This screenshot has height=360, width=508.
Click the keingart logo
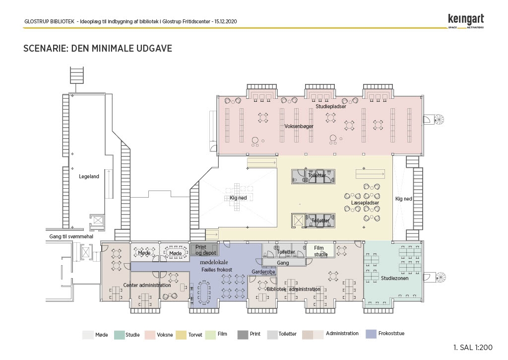tap(466, 21)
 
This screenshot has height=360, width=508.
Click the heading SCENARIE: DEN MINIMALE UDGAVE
tap(98, 48)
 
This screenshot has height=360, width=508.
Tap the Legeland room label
tap(89, 176)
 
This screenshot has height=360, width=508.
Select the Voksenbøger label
tap(299, 126)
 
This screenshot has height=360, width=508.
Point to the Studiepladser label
tap(331, 106)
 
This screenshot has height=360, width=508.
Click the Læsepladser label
tap(365, 203)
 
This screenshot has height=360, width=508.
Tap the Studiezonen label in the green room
tap(394, 278)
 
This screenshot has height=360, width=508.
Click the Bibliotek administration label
tap(294, 289)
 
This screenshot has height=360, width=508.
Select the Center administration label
tap(147, 285)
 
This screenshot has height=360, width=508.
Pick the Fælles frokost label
tap(217, 270)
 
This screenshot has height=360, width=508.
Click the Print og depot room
tap(205, 250)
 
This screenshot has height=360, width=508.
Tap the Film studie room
tap(320, 251)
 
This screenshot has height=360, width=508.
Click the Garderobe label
tap(263, 272)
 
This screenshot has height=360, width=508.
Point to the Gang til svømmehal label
tap(71, 236)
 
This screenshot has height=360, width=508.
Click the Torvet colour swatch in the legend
tap(181, 335)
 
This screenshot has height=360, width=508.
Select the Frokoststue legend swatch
tap(371, 334)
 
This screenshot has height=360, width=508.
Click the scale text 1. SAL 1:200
tap(473, 348)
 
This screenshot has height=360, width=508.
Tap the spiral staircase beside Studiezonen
tap(440, 278)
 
